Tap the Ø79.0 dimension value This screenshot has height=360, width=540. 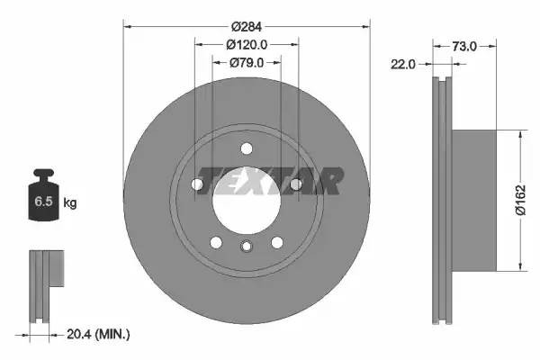[x=247, y=62]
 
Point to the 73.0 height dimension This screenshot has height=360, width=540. [x=464, y=44]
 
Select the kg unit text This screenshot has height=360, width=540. [x=70, y=203]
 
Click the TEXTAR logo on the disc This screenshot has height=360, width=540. [x=269, y=180]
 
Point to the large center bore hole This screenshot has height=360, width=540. [x=246, y=197]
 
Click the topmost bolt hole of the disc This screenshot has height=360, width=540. [x=247, y=148]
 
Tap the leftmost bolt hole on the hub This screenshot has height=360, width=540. [x=197, y=184]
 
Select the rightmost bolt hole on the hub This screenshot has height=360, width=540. [x=295, y=184]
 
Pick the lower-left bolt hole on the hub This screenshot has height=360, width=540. [x=216, y=241]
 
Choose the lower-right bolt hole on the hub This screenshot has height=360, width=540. [x=276, y=241]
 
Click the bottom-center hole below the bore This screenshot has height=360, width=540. [x=247, y=247]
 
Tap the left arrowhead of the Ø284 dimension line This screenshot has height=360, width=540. [x=126, y=27]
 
